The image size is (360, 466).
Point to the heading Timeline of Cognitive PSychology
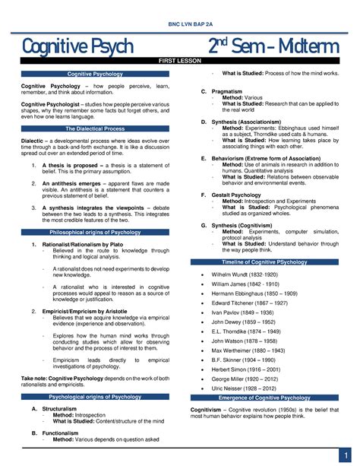(x=270, y=262)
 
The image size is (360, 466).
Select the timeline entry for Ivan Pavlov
(x=242, y=312)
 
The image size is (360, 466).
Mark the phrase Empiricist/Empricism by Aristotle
(x=84, y=312)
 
